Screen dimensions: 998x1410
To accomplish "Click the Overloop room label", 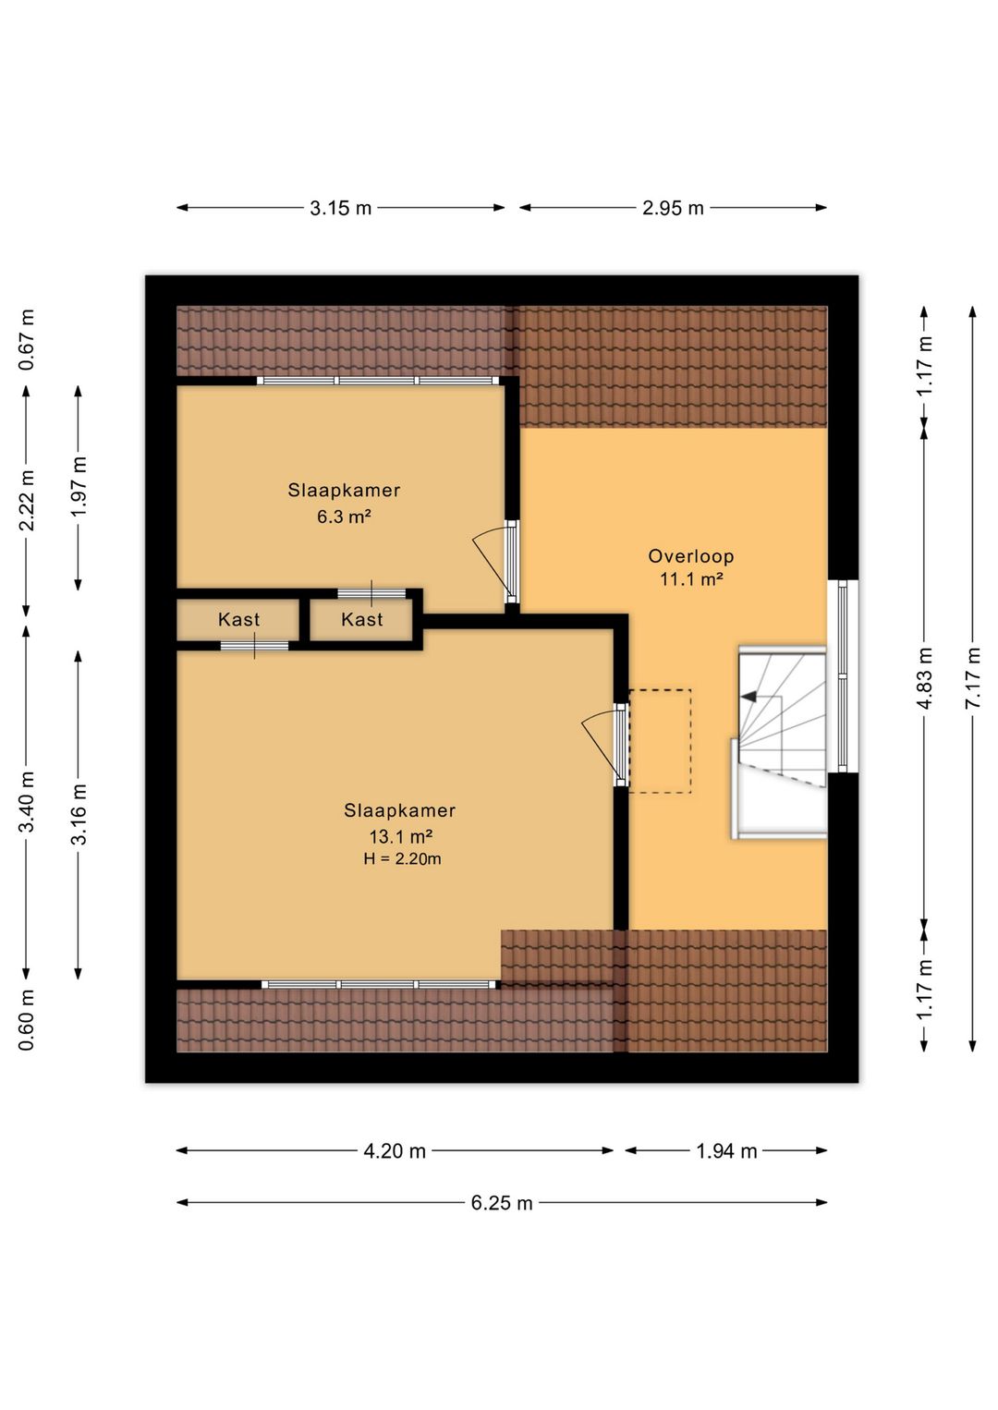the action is (690, 556).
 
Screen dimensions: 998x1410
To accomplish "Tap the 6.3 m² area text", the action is (343, 517).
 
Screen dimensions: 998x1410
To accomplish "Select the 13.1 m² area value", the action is (400, 836).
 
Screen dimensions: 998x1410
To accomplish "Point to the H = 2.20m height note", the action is (402, 858).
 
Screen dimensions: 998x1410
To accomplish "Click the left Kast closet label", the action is (238, 619).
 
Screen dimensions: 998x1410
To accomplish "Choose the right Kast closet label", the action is (362, 619).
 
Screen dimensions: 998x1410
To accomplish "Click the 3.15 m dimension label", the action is (341, 208).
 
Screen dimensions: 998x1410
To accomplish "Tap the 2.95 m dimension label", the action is (673, 208).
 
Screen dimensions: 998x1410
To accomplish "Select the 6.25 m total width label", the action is (502, 1203).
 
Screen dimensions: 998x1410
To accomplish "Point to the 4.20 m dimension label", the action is (395, 1151).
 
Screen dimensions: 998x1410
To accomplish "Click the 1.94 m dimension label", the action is (726, 1151).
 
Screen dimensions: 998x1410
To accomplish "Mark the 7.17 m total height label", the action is (973, 677).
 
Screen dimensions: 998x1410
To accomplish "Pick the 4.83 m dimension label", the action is (924, 677).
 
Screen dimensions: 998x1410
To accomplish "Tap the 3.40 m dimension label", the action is (27, 801).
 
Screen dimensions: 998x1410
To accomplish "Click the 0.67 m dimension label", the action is (27, 340).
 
